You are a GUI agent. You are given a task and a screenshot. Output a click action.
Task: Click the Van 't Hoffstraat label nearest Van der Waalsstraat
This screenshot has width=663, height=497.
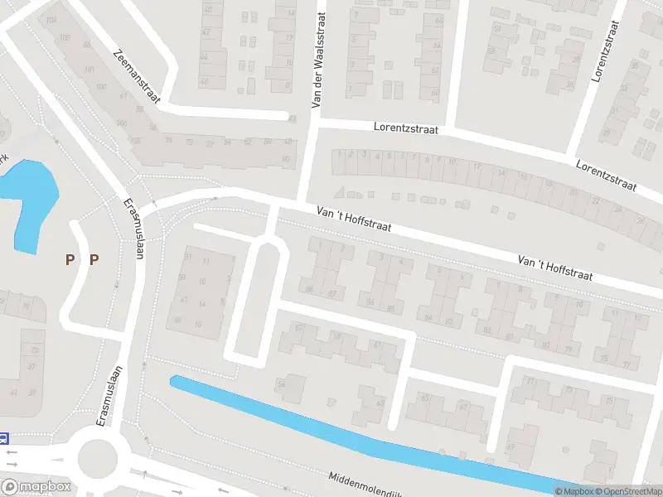coord(354,220)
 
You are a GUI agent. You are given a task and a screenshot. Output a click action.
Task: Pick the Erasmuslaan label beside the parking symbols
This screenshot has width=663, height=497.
coord(134,229)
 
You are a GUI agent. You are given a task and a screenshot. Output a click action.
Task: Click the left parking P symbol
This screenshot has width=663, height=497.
coord(70,259)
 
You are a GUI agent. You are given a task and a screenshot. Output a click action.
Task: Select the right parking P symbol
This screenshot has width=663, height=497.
coord(94,259)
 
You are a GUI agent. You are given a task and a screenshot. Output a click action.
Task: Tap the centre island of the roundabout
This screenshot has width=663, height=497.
coord(97,455)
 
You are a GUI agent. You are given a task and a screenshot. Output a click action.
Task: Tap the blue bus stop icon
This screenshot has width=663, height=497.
coord(4,438)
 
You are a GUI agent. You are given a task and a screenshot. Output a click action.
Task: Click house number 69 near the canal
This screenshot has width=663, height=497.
coord(510,447)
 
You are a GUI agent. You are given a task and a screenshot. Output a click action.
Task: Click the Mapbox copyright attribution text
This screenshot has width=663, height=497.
coord(575,491)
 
